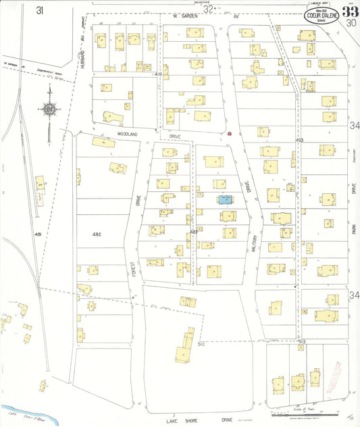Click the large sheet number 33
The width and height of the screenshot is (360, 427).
349,11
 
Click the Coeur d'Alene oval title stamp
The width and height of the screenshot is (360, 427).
317,16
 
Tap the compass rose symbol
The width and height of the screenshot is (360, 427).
49,109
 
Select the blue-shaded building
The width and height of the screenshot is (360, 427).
224,199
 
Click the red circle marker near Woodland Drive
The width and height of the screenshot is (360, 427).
230,134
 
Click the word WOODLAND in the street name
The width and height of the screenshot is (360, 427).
127,134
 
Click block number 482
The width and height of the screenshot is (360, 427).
97,234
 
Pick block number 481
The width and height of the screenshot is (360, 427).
38,234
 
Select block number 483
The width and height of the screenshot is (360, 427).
193,232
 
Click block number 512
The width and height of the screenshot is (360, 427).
201,343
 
